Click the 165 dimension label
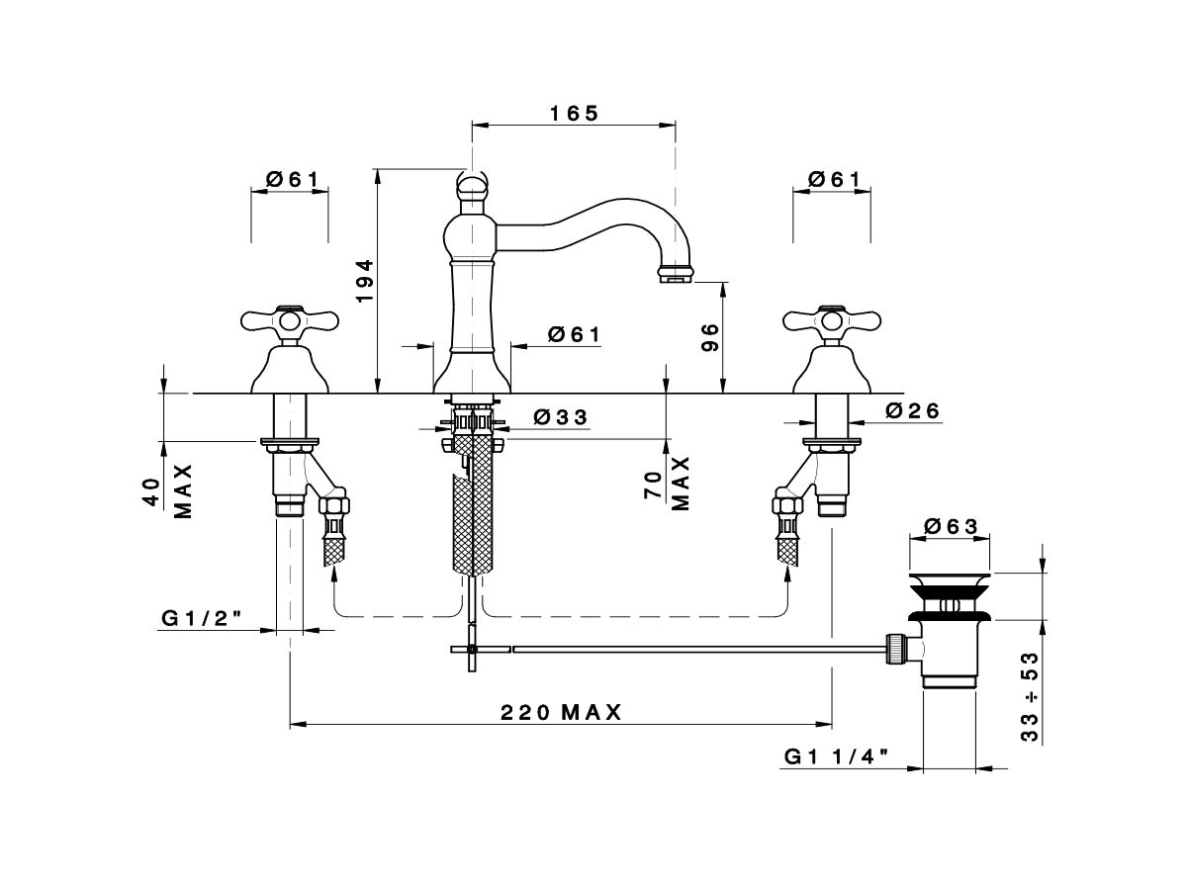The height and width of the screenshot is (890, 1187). (x=575, y=114)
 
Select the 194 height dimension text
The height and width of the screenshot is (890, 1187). (x=365, y=281)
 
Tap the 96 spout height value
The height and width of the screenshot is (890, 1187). (x=709, y=338)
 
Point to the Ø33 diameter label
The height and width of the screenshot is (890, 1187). (x=560, y=417)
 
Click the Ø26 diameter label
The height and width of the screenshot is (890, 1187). (x=913, y=410)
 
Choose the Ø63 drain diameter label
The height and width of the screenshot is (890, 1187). (x=952, y=526)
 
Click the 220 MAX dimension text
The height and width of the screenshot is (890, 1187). (x=561, y=712)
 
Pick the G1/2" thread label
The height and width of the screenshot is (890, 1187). (x=200, y=618)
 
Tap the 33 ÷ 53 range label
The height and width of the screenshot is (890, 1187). (x=1030, y=697)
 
